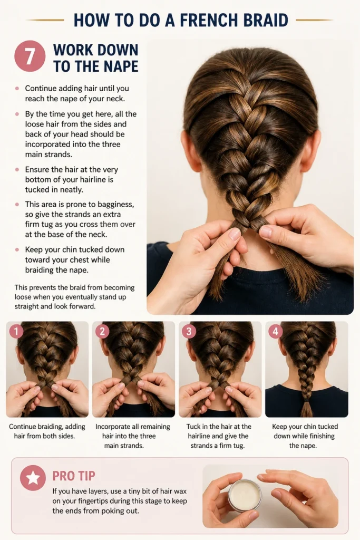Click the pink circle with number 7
click(30, 56)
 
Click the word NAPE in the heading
click(119, 66)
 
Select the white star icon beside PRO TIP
click(33, 478)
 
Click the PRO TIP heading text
click(74, 476)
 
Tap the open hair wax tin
click(245, 495)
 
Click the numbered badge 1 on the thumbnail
click(16, 332)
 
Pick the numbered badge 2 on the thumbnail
click(102, 332)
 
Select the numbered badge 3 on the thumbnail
click(189, 332)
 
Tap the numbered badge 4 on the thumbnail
click(275, 332)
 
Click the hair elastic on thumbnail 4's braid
click(306, 401)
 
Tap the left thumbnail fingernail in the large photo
click(235, 234)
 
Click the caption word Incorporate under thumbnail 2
click(113, 427)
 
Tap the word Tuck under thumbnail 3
click(193, 426)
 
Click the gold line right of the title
click(314, 20)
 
